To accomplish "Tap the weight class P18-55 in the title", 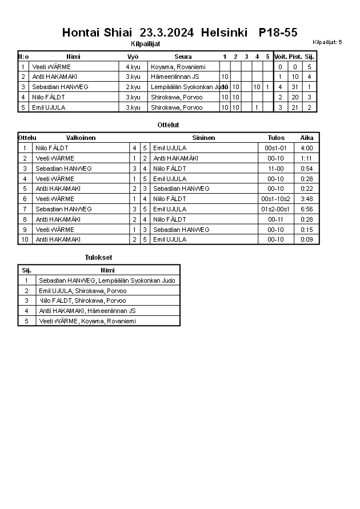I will click(278, 33).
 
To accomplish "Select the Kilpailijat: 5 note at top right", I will click(327, 42).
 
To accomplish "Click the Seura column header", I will click(183, 57).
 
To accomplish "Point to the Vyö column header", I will click(133, 57).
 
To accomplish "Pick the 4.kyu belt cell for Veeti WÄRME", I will click(133, 67).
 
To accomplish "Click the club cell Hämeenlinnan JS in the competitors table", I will click(175, 77).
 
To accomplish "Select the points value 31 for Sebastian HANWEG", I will click(295, 87).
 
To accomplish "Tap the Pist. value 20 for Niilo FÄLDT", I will click(295, 97).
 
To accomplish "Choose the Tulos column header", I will click(276, 138).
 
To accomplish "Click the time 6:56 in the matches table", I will click(307, 209).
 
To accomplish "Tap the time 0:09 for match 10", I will click(307, 239).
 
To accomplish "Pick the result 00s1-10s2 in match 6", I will click(276, 199).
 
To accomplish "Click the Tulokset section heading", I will click(98, 258).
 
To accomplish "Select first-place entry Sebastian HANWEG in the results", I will click(107, 280).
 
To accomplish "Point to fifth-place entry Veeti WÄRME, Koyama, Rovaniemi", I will click(87, 321).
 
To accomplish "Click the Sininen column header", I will click(203, 138).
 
